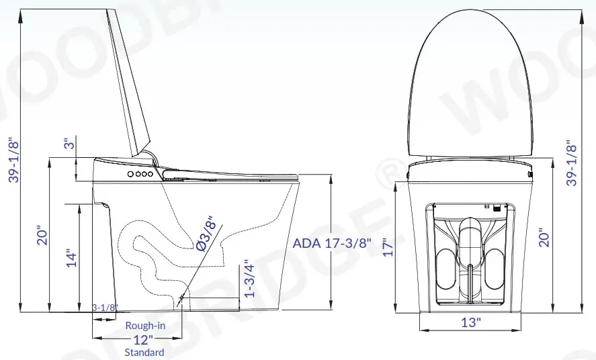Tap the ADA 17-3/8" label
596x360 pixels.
coord(332,243)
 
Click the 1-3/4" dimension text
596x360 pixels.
coord(248,279)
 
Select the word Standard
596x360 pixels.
coord(144,352)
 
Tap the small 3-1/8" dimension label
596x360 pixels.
coord(105,308)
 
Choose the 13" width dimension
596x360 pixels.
coord(471,322)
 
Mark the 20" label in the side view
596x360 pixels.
coord(42,234)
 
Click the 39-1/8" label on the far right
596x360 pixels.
coord(571,163)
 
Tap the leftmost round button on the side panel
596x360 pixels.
coord(130,173)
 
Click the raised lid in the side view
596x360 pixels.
coord(129,81)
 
